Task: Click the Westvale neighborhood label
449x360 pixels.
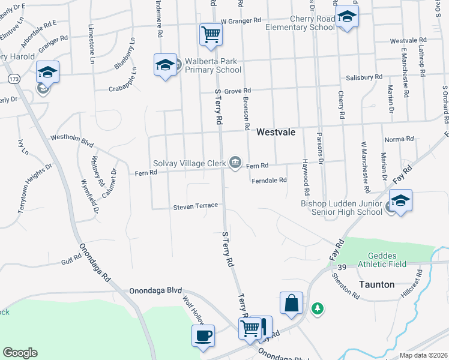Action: tap(276, 132)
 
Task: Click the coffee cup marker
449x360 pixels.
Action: tap(202, 335)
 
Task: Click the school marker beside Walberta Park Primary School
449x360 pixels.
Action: tap(164, 65)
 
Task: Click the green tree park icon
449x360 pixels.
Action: tap(317, 308)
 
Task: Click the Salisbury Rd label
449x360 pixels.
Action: tap(364, 77)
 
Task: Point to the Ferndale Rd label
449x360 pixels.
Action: tap(270, 180)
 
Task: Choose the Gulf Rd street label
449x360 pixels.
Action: tap(70, 261)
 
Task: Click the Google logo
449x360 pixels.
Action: tap(20, 353)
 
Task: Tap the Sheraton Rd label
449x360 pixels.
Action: tap(345, 286)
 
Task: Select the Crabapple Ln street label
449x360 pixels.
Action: tap(123, 80)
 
